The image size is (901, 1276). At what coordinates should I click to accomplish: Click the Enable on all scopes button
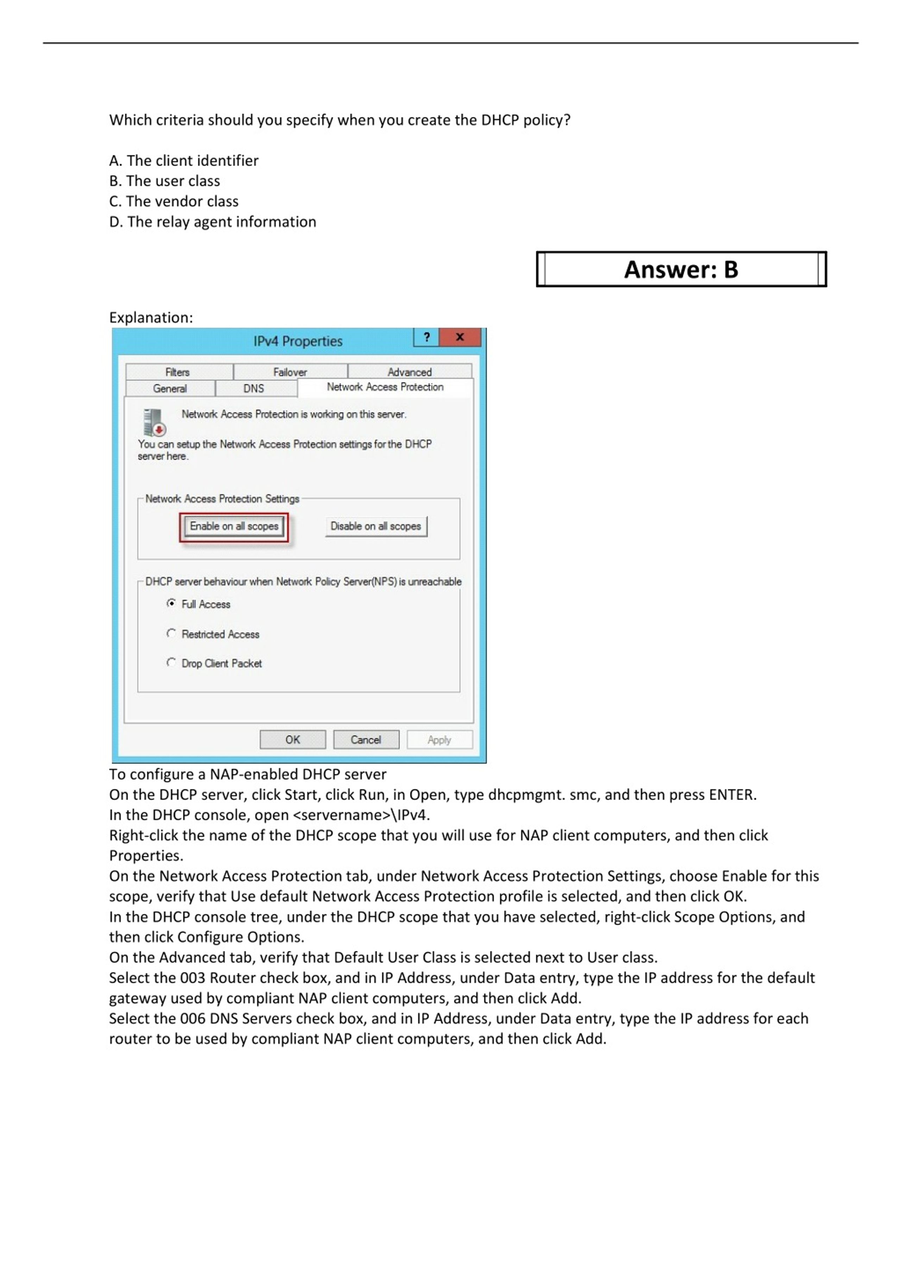(234, 526)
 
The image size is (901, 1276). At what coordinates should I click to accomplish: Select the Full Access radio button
(171, 604)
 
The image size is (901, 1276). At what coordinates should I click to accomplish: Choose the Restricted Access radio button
(171, 634)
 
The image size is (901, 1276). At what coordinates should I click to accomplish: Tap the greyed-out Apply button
(439, 740)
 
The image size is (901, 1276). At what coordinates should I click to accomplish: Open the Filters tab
(178, 372)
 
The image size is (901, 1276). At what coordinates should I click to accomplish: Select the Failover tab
(290, 372)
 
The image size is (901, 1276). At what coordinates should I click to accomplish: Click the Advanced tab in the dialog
(409, 372)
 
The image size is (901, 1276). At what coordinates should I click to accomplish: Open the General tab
(170, 388)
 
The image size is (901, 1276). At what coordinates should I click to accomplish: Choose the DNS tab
(254, 388)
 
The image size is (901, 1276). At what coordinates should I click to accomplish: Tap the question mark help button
(426, 337)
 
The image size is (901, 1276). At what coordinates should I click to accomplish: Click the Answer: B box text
(681, 269)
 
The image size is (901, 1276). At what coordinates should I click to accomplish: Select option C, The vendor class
(174, 201)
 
